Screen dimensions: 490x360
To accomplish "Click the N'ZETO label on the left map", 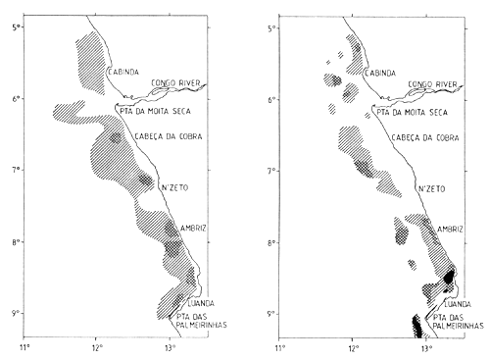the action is pos(172,187).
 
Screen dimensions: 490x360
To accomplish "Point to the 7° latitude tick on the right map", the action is pos(275,171).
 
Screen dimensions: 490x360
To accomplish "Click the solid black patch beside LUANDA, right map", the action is pos(448,277).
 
